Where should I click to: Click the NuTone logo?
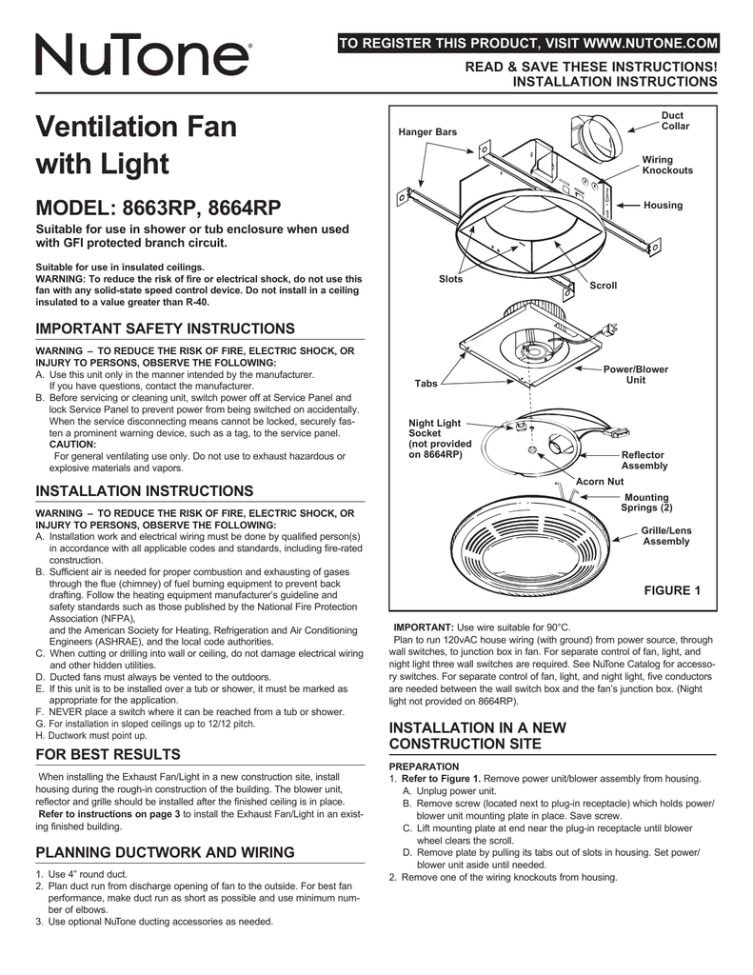[x=144, y=56]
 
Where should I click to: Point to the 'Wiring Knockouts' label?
[x=667, y=165]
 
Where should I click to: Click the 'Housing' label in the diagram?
[x=663, y=206]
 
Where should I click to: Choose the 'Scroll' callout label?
[x=604, y=286]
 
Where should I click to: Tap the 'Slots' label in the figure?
[x=450, y=278]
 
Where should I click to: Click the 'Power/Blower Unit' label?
[x=635, y=374]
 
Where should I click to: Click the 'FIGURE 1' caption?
[x=672, y=590]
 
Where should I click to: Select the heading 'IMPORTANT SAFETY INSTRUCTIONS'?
[x=165, y=328]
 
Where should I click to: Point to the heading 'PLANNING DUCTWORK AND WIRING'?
[x=165, y=851]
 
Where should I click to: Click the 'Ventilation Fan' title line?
[x=135, y=127]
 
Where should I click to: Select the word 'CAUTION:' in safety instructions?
[x=74, y=444]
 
